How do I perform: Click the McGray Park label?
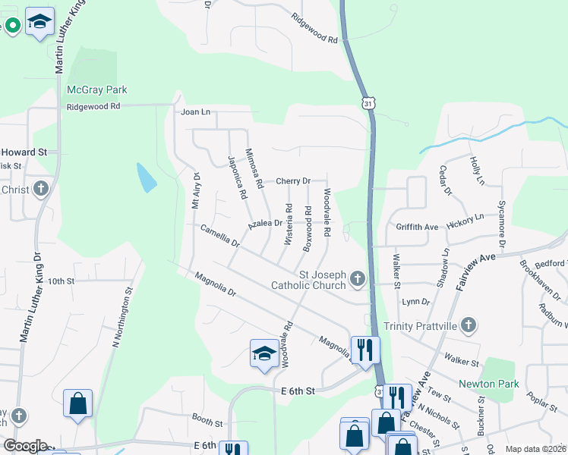coord(97,89)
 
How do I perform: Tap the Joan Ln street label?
coord(195,112)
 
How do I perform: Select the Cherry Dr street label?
coord(293,181)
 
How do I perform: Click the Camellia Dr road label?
coord(220,236)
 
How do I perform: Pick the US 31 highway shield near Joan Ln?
coord(368,103)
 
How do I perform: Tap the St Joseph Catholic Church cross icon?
coord(358,281)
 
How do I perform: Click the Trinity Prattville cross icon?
coord(469,326)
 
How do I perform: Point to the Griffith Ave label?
coord(417,227)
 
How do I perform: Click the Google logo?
coord(25,445)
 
